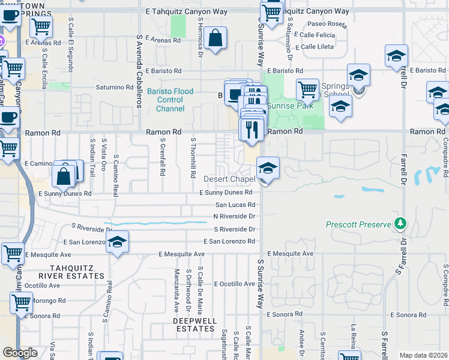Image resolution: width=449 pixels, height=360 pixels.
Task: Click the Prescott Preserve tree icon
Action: tap(400, 224)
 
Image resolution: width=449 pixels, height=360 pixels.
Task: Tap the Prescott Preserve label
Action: tap(359, 225)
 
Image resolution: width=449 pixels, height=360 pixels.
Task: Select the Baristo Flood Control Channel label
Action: tap(170, 100)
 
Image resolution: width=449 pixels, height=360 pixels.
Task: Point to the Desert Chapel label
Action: tap(230, 179)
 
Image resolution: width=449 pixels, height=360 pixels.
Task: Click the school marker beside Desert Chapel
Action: tap(268, 167)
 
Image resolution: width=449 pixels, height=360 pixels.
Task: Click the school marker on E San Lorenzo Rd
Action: tap(118, 241)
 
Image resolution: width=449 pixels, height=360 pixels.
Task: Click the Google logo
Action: tap(20, 353)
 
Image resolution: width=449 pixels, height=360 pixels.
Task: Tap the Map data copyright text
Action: tap(423, 355)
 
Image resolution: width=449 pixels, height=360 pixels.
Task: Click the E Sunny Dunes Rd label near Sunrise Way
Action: tap(226, 193)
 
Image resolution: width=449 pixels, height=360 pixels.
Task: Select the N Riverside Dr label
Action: tap(235, 216)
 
